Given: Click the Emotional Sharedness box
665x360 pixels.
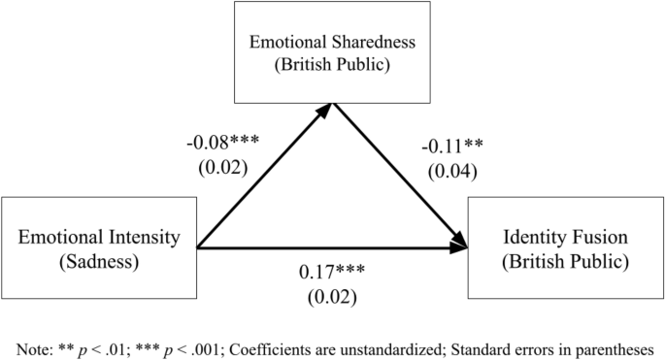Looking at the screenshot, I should [x=332, y=52].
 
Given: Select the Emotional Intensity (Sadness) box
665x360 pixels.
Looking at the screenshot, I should [x=98, y=247].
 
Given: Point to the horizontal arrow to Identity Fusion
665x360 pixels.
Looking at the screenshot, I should [x=330, y=248].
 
